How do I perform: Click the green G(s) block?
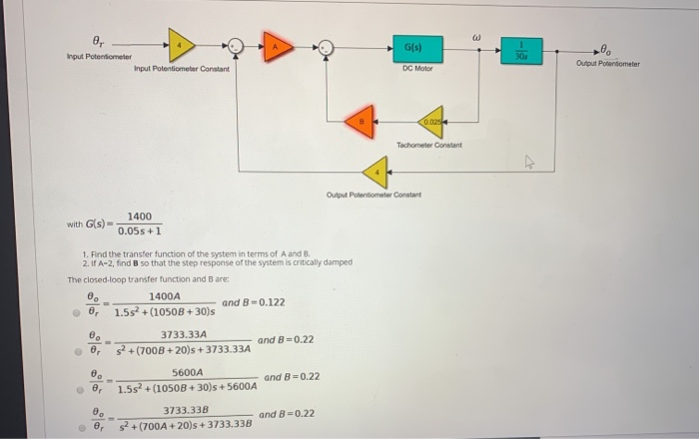[412, 47]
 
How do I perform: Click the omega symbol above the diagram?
[475, 14]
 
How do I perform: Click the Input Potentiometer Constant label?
[181, 69]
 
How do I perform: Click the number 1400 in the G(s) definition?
[139, 217]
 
